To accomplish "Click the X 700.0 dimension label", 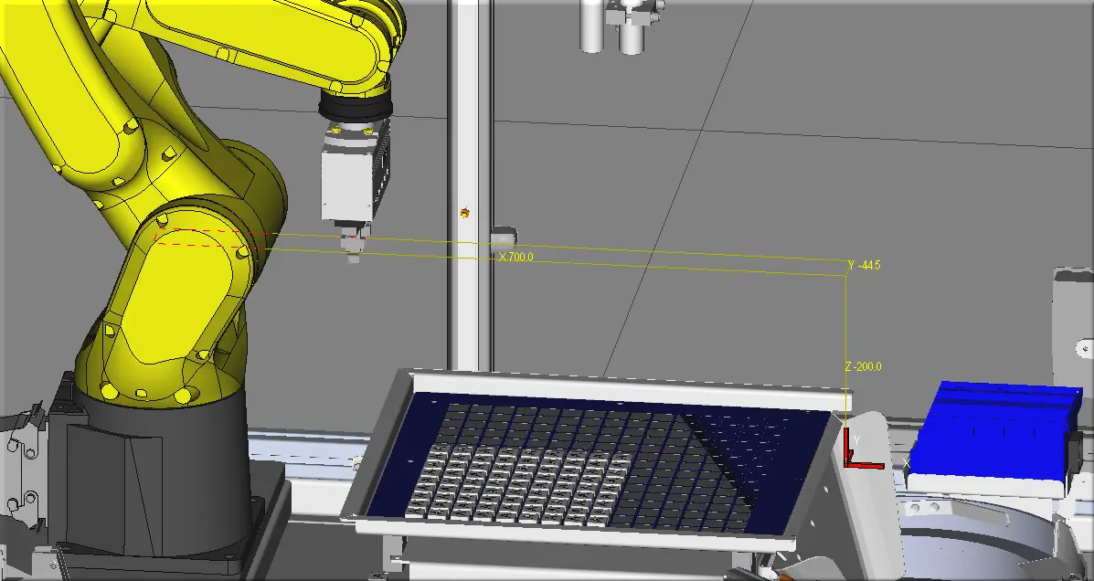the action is tap(516, 258).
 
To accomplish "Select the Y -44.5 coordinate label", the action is tap(865, 266).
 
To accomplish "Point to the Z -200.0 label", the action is tap(863, 367).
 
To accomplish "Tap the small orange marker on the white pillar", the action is tap(465, 213).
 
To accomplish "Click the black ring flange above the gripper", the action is tap(356, 106).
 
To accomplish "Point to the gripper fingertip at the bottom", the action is tap(353, 258).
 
